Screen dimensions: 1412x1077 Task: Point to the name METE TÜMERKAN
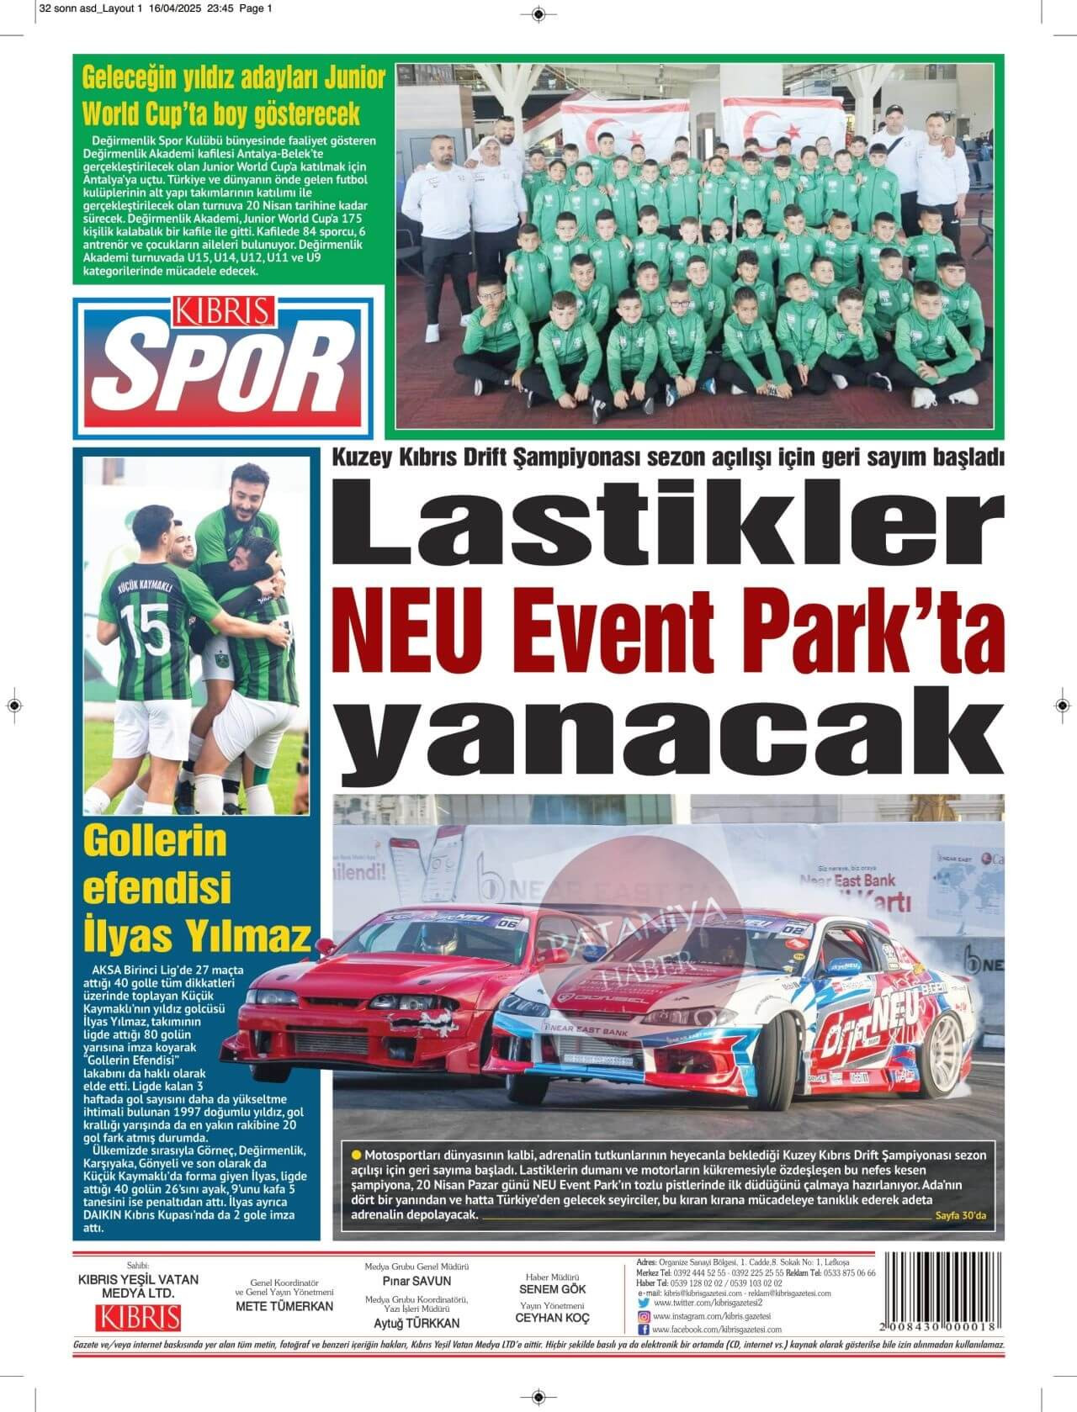tap(284, 1306)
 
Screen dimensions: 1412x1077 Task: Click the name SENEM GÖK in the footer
tap(552, 1288)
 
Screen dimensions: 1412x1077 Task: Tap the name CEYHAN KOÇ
tap(552, 1318)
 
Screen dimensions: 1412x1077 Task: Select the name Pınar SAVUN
tap(416, 1281)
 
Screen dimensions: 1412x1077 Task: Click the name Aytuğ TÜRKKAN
tap(416, 1322)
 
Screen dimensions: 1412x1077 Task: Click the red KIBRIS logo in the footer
tap(138, 1317)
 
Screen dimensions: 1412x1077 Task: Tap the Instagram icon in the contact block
tap(644, 1316)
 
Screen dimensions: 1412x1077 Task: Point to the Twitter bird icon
tap(644, 1303)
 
